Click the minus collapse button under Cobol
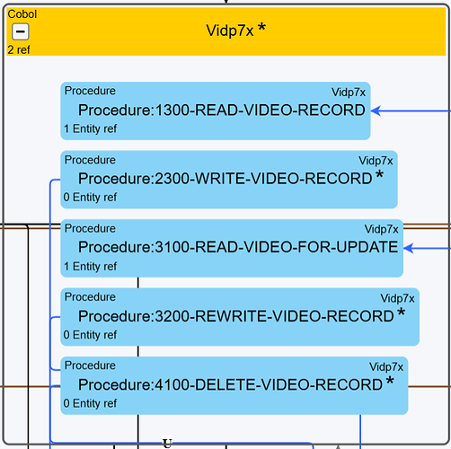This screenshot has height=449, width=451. point(21,31)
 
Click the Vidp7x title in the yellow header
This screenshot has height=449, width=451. point(230,31)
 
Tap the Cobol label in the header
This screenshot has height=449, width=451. point(22,14)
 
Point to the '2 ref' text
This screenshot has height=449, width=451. point(19,49)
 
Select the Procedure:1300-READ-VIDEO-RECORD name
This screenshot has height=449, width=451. point(222,110)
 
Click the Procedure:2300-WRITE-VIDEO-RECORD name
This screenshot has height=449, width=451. point(225,179)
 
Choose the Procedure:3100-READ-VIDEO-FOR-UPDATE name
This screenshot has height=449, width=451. point(238,247)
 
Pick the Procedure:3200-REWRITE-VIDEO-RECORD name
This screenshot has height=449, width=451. point(236,316)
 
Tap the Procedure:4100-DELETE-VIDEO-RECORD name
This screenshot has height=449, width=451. point(230,384)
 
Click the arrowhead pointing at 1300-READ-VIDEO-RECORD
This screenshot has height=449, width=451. point(376,110)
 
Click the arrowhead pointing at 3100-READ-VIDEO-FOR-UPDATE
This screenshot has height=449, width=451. point(408,248)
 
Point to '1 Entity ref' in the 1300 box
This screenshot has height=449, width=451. point(90,128)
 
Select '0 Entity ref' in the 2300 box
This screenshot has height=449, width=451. point(90,198)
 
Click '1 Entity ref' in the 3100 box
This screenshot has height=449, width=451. point(90,266)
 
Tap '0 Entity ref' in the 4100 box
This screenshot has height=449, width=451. point(90,403)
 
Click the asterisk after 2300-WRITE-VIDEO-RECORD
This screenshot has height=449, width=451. point(379,174)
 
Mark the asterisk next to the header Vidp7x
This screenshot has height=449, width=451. point(261,27)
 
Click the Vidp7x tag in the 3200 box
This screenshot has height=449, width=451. point(397,298)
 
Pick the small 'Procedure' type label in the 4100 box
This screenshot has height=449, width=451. point(90,365)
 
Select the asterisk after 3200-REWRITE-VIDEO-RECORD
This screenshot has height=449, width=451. point(401,312)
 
